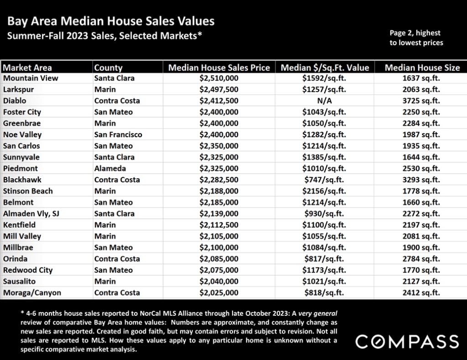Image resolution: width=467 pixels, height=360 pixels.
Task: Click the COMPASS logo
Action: (407, 342)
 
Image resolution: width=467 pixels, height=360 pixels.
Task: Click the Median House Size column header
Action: (422, 67)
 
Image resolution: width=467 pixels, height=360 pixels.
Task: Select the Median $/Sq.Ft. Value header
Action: (324, 67)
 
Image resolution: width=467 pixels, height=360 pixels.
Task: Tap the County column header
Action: (108, 67)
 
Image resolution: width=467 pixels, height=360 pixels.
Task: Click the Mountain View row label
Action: (31, 78)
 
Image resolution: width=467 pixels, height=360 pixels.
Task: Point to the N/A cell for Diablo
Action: (324, 101)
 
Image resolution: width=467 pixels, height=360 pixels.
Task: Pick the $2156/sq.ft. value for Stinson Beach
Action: (324, 191)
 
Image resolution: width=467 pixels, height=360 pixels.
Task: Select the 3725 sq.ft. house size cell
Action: (422, 101)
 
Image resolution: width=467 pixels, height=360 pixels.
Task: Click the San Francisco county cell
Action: (118, 134)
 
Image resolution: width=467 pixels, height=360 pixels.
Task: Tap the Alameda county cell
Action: (110, 169)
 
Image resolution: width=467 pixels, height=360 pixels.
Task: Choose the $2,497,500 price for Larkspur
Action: (219, 89)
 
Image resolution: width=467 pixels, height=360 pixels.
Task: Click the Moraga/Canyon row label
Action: (32, 293)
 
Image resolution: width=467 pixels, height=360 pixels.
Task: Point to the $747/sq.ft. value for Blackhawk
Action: (324, 180)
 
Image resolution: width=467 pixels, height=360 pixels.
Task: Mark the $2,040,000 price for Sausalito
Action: (219, 281)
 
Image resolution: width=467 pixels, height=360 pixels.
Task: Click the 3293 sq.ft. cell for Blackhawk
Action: (422, 180)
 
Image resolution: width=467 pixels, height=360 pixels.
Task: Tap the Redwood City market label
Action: (28, 270)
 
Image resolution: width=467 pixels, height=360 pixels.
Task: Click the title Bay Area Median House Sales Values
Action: (111, 21)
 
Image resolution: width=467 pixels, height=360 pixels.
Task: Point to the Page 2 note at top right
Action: (416, 38)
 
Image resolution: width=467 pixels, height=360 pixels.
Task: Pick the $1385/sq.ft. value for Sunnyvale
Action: (324, 157)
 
